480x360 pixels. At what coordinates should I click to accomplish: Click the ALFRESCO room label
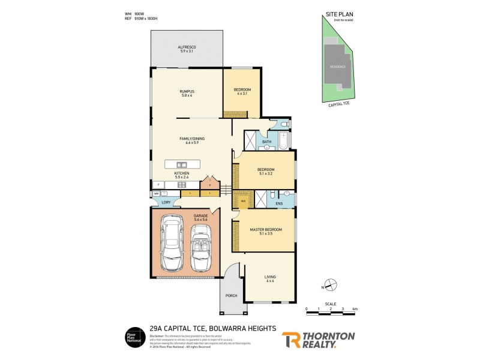click(187, 47)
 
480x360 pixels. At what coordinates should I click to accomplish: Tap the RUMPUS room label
click(187, 91)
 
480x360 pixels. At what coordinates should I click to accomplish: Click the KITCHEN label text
click(182, 173)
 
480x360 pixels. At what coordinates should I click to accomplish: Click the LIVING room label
click(270, 277)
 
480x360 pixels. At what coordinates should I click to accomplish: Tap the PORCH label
click(231, 295)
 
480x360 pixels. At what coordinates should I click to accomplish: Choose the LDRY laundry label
click(166, 202)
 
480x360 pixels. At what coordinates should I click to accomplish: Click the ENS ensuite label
click(279, 204)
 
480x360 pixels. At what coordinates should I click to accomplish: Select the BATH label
click(267, 142)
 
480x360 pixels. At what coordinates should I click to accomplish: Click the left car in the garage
click(172, 245)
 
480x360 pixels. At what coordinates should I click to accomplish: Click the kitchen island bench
click(181, 164)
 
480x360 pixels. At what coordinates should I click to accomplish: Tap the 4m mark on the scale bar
click(355, 308)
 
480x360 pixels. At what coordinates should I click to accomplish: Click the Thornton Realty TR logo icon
click(292, 340)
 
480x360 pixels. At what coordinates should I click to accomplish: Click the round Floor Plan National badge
click(133, 338)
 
